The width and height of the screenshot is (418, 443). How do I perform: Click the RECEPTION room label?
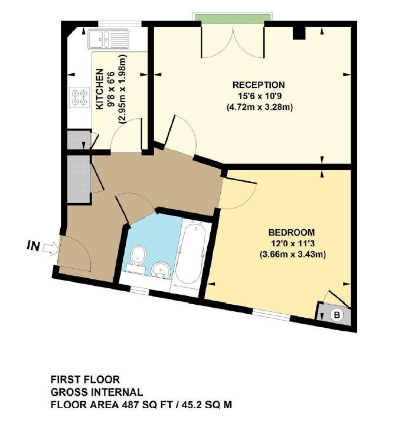(x=259, y=84)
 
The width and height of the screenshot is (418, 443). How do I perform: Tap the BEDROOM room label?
(x=292, y=233)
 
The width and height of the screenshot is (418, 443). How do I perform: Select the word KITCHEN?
(x=100, y=89)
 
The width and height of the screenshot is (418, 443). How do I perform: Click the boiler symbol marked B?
(x=337, y=314)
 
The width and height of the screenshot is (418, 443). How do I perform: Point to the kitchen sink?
(x=109, y=40)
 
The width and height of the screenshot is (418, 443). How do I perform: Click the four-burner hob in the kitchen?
(x=79, y=97)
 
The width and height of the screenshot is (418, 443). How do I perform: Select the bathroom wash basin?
(x=161, y=271)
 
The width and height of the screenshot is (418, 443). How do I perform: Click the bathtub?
(x=191, y=252)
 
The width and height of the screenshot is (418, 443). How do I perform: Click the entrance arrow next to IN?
(x=51, y=249)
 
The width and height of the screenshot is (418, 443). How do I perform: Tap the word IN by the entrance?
(x=33, y=246)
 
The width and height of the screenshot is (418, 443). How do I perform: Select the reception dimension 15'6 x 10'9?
(x=260, y=96)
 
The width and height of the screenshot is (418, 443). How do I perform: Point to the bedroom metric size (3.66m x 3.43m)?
(x=293, y=255)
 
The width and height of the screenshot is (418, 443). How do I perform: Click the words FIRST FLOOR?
(x=85, y=379)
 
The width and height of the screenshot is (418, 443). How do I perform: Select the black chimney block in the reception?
(x=299, y=33)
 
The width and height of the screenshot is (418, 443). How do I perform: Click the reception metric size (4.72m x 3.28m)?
(x=260, y=108)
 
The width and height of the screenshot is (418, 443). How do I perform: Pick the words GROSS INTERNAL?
(x=97, y=392)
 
